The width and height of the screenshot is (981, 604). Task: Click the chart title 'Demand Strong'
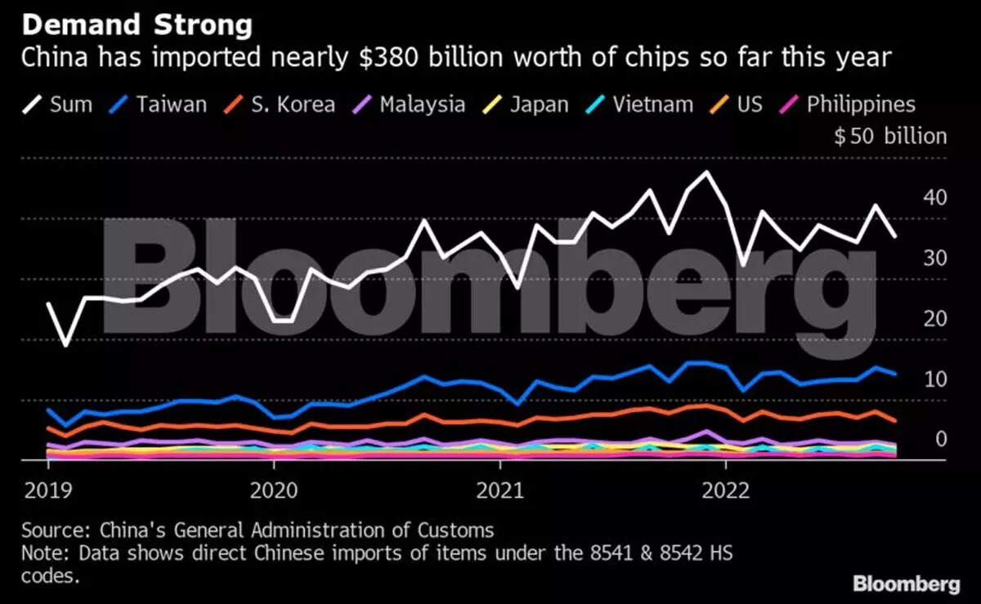click(x=137, y=25)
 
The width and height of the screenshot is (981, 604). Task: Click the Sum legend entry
click(x=60, y=105)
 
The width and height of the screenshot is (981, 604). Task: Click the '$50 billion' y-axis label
click(x=890, y=136)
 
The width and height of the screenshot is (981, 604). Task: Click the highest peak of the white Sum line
click(x=706, y=172)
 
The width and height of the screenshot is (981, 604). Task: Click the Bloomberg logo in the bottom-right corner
click(x=906, y=584)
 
